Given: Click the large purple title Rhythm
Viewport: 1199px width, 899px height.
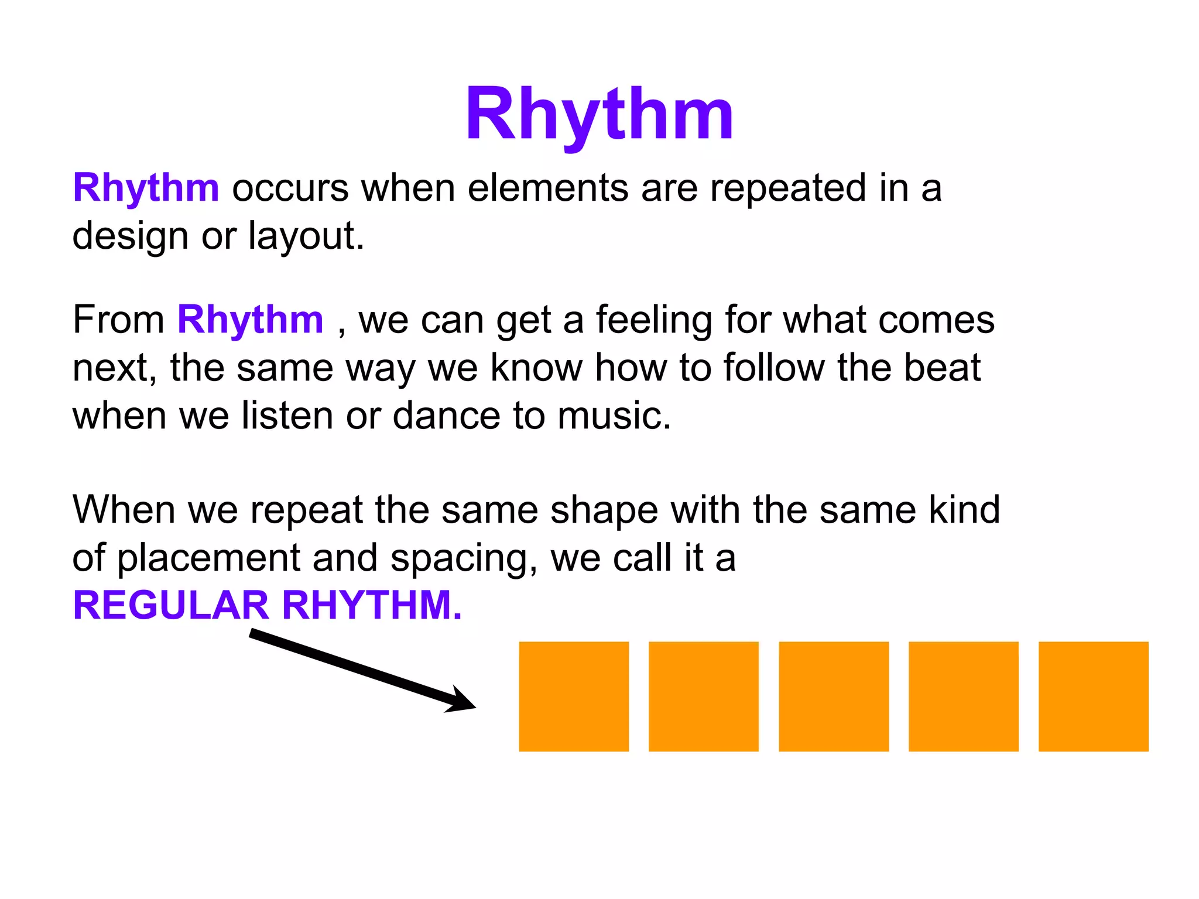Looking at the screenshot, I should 599,114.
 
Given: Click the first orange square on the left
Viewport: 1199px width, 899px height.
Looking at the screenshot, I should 574,696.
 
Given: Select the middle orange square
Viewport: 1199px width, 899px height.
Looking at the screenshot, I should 834,696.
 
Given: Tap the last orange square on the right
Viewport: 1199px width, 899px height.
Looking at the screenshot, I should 1093,696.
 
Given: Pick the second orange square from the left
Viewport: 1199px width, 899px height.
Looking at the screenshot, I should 704,696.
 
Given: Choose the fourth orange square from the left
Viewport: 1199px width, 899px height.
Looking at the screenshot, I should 963,696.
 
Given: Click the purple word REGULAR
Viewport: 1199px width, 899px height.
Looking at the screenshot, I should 170,605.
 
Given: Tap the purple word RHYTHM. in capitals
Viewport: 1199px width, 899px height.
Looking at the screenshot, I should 372,605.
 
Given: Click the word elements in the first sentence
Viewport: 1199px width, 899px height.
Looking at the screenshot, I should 547,188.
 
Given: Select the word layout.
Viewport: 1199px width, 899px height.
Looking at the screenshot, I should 306,236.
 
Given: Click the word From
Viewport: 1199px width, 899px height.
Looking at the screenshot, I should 118,320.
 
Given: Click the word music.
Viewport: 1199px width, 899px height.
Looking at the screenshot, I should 614,416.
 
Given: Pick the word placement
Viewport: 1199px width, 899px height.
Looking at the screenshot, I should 208,558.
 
